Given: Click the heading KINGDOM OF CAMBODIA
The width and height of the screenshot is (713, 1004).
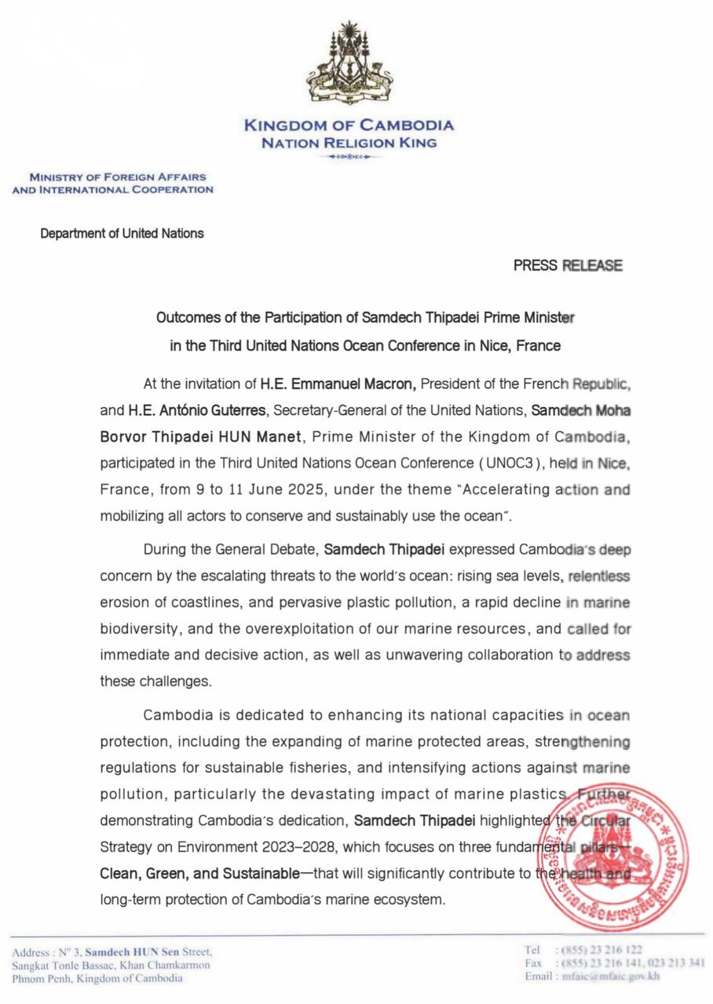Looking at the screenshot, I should tap(349, 125).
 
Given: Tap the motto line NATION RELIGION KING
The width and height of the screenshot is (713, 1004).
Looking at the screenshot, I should tap(349, 143).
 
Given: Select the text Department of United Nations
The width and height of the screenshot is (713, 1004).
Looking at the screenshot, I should tap(122, 233).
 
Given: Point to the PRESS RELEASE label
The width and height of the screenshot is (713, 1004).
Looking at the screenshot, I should tap(568, 265).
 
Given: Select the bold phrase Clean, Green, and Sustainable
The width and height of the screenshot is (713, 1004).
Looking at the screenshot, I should tap(199, 873).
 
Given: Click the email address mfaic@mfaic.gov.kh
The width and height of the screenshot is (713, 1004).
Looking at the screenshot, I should tap(610, 977).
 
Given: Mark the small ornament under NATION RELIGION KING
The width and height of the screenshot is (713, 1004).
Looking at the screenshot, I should tap(349, 157).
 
